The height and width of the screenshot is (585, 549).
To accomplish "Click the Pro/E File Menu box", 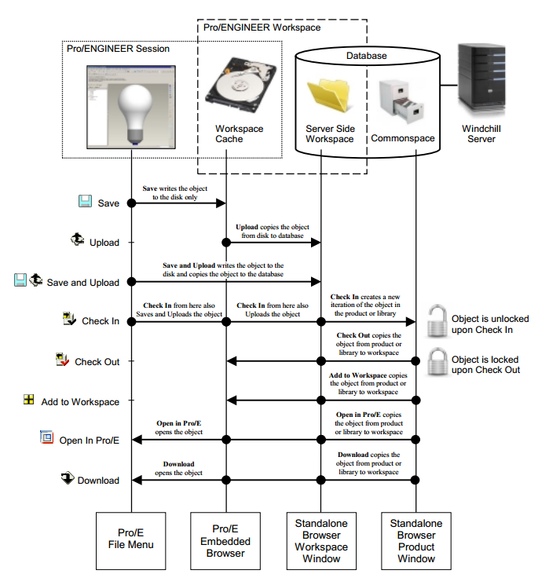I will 130,541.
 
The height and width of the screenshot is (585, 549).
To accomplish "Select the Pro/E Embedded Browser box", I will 227,541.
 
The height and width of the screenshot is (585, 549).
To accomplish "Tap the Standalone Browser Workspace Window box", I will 322,541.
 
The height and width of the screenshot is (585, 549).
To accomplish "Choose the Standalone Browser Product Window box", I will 416,541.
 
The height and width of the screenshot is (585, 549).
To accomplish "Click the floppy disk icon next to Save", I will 85,202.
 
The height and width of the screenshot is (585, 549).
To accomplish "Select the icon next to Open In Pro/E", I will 46,437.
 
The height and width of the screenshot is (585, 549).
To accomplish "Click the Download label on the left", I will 98,481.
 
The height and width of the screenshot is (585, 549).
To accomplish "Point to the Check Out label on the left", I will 97,362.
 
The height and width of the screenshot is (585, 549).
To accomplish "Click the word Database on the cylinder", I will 368,56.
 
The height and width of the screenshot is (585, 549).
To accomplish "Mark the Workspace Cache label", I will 239,134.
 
